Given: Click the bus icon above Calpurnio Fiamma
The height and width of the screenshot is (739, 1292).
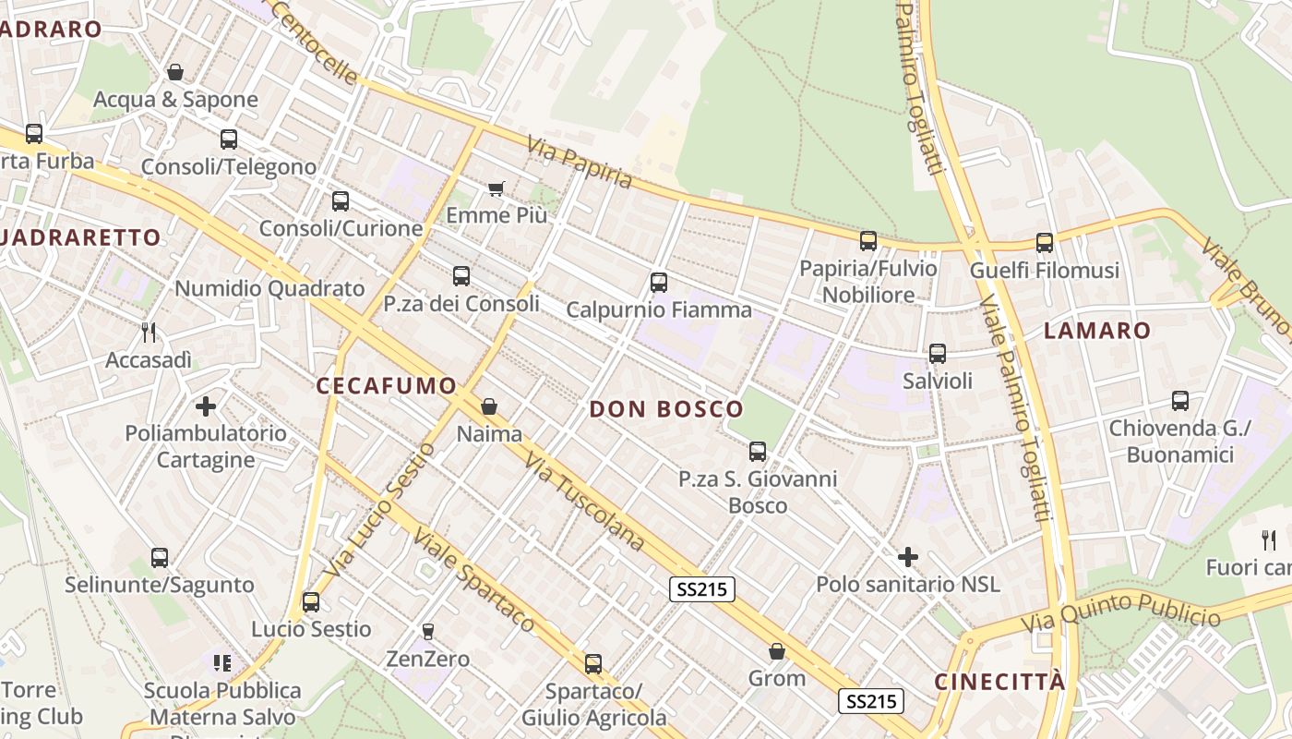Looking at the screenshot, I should pos(658,283).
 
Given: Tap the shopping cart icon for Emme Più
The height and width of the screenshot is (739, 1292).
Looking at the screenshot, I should pos(496,188).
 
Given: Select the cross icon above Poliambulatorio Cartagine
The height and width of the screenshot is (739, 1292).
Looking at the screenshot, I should pos(206,406).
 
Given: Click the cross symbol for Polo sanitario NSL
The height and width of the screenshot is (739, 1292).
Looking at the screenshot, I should pos(908,557).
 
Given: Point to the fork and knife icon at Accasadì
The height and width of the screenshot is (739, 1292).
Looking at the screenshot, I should pos(148,332).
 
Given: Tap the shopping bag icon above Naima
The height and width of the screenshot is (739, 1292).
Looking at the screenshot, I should pos(489,406).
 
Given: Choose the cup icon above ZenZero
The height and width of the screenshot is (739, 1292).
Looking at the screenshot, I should pos(427,632).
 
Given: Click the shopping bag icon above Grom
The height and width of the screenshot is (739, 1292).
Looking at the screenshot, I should pos(777,651).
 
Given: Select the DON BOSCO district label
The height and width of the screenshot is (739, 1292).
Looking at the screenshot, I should pos(666,409).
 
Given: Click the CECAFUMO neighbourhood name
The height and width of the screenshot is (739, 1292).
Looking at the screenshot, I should pos(387,386).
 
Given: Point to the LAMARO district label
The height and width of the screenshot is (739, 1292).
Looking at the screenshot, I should pos(1097,331).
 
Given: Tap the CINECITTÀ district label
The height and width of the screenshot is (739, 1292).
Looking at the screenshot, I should pos(999,682).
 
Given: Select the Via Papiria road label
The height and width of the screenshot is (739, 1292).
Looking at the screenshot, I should pos(580,163).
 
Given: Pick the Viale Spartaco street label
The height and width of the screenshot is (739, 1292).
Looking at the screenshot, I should pos(473,579).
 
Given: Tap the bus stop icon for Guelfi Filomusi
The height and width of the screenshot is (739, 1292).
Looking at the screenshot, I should pos(1044,243).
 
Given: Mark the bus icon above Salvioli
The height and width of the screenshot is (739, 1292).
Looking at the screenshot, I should pos(938,353).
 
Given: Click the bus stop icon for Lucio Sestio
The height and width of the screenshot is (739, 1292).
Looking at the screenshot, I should pos(311,602).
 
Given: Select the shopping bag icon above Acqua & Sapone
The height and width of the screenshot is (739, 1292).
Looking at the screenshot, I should pos(175,72).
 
